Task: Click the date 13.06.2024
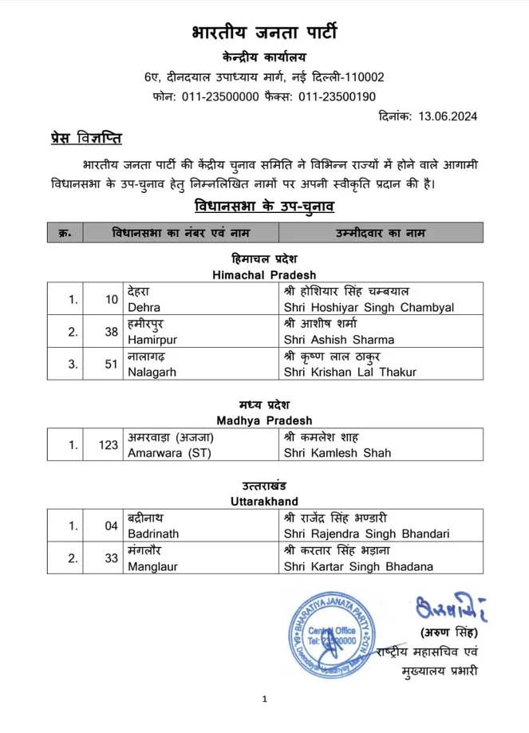pyautogui.click(x=449, y=116)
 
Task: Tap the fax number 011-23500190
pyautogui.click(x=337, y=97)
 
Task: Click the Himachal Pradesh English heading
pyautogui.click(x=263, y=274)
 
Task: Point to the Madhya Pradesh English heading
pyautogui.click(x=264, y=420)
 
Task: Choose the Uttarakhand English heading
pyautogui.click(x=264, y=501)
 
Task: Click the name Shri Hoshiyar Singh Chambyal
pyautogui.click(x=368, y=306)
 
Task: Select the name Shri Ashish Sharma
pyautogui.click(x=338, y=339)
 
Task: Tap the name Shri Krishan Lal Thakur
pyautogui.click(x=349, y=372)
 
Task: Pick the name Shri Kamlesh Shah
pyautogui.click(x=336, y=452)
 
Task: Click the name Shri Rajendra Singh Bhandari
pyautogui.click(x=366, y=534)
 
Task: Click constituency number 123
pyautogui.click(x=109, y=445)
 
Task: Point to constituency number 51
pyautogui.click(x=111, y=364)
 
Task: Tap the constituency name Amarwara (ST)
pyautogui.click(x=165, y=452)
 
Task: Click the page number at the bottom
pyautogui.click(x=264, y=700)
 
